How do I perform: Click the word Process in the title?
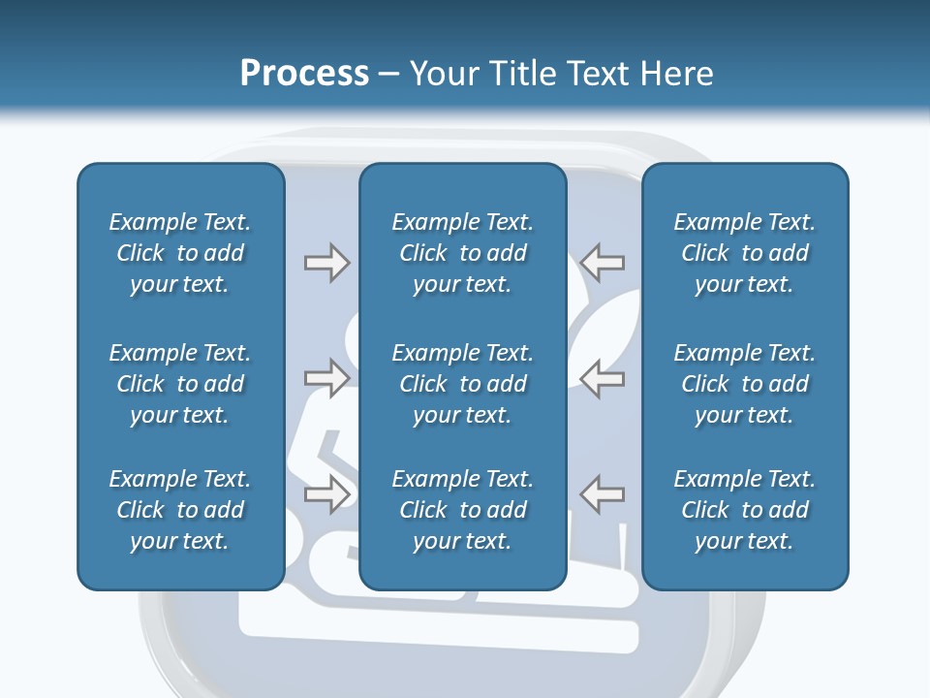(304, 74)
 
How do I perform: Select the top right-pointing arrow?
(326, 263)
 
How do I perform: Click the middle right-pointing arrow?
(326, 378)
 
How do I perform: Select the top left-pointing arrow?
(603, 263)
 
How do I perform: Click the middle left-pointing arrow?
(603, 378)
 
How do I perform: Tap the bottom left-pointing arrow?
(603, 494)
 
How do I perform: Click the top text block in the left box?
(180, 253)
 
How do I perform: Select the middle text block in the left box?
(180, 384)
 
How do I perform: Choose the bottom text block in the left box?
(180, 510)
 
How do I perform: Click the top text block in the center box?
(462, 253)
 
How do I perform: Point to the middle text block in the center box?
(462, 384)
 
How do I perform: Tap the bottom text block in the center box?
(462, 510)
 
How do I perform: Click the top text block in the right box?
(744, 253)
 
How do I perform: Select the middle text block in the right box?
(744, 384)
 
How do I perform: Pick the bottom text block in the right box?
(744, 510)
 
